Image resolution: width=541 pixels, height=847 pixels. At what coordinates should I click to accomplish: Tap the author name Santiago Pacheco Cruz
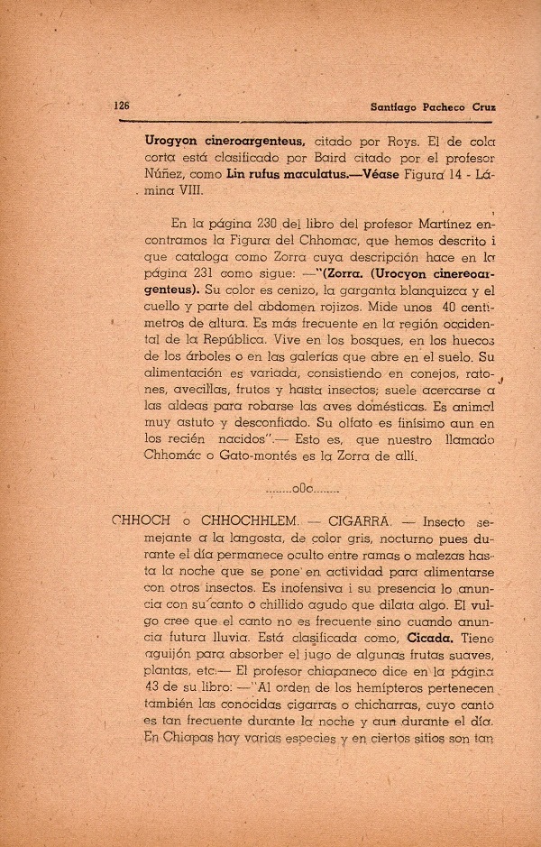(434, 106)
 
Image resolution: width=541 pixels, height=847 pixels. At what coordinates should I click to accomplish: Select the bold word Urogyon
(172, 141)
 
